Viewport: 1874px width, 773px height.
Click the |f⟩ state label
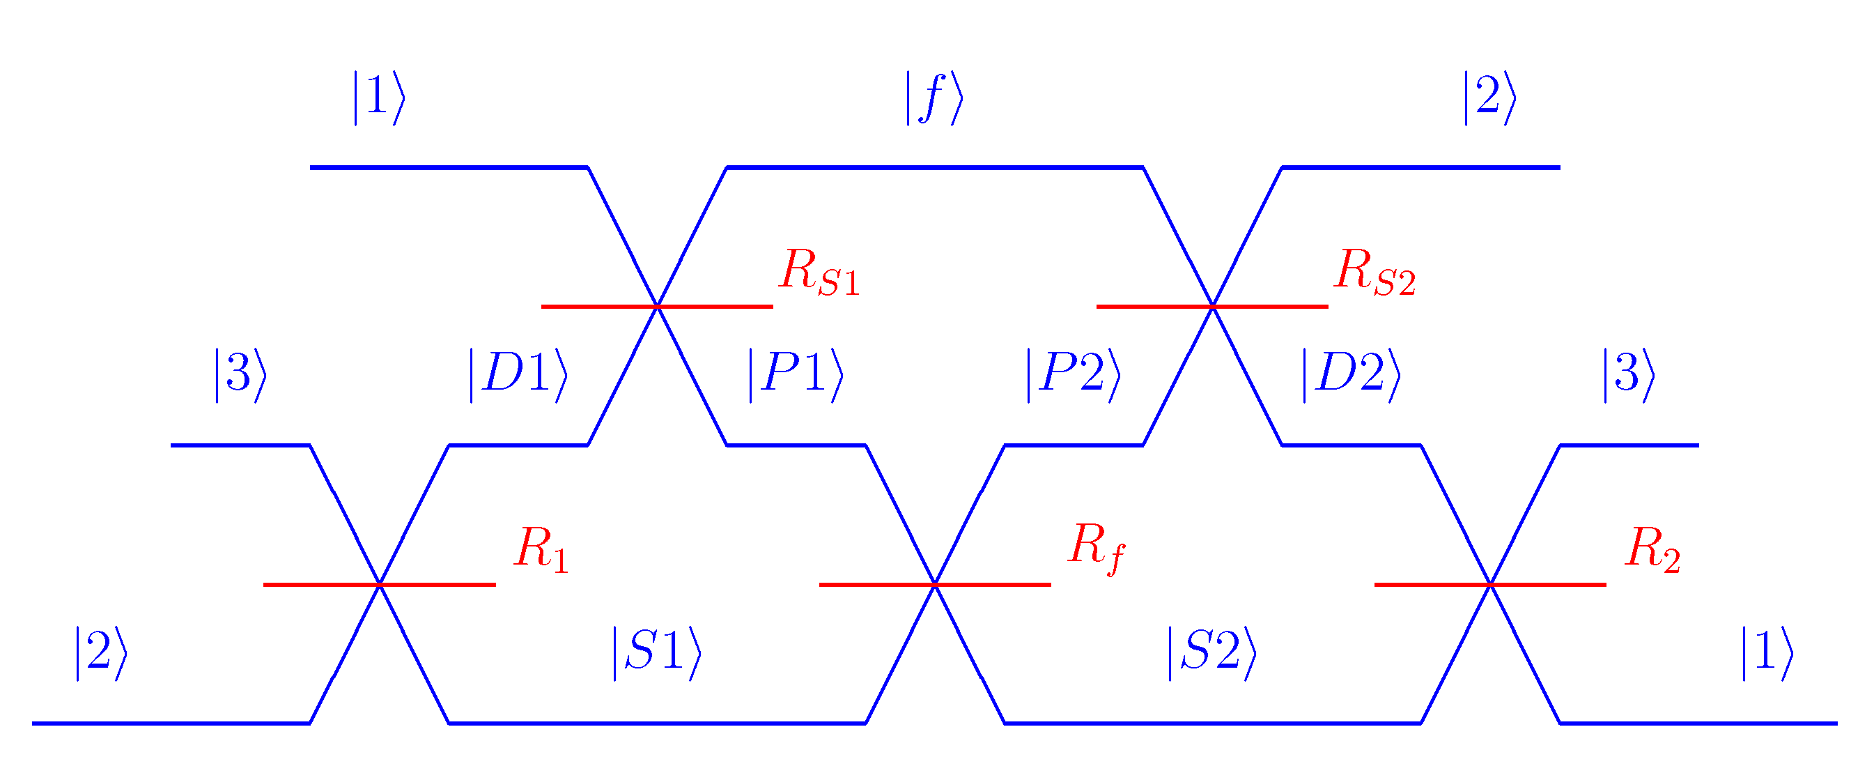934,98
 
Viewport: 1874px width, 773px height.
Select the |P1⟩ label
796,375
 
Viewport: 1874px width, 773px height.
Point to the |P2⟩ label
1073,375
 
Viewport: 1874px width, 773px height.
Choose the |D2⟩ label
1351,375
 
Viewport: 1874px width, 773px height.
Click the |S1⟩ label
657,653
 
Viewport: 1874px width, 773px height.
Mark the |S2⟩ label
1212,653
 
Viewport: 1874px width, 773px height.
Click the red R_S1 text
819,273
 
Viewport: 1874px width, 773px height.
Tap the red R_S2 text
1374,273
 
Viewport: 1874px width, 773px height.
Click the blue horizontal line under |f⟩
934,167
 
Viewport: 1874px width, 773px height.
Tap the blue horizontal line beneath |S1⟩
657,724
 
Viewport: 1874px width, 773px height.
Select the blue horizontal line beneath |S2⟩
1212,724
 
